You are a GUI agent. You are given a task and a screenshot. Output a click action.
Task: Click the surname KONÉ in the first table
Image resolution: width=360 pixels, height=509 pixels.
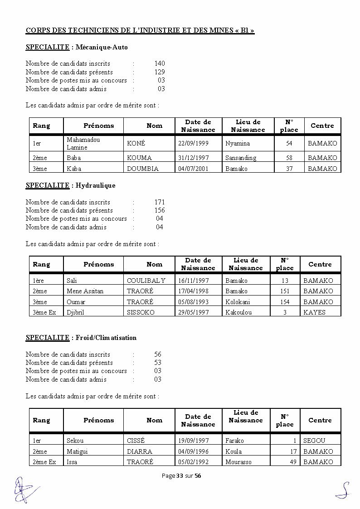coord(136,144)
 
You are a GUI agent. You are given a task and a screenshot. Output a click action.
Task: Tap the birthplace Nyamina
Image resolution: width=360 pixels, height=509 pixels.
coord(237,144)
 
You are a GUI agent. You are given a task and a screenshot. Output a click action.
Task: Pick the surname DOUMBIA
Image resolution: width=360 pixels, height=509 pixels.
coord(143,169)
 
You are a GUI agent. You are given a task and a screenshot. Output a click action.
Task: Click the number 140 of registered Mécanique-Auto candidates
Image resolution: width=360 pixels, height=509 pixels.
coord(159,63)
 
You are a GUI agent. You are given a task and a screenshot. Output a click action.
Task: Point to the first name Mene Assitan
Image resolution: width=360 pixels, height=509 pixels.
coord(85,291)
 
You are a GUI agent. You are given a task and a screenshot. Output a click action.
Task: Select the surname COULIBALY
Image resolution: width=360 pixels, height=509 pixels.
coord(146,281)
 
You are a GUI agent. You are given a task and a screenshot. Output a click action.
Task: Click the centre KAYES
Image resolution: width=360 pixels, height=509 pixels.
coord(314,312)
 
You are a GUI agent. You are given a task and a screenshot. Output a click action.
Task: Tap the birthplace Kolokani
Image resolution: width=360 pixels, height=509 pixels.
coord(238,302)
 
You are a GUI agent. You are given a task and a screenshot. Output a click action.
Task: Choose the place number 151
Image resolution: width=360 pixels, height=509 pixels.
coord(284,291)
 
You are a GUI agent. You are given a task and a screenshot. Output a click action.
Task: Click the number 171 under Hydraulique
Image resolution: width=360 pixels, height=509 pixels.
coord(159,202)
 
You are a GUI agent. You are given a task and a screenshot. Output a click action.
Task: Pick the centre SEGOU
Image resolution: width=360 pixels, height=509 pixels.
coord(314,441)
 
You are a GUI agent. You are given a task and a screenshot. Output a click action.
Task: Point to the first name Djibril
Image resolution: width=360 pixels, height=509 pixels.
coord(75,312)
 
